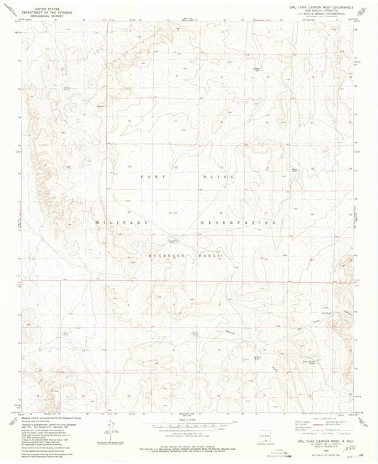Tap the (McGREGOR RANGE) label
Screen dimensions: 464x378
[185, 254]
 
